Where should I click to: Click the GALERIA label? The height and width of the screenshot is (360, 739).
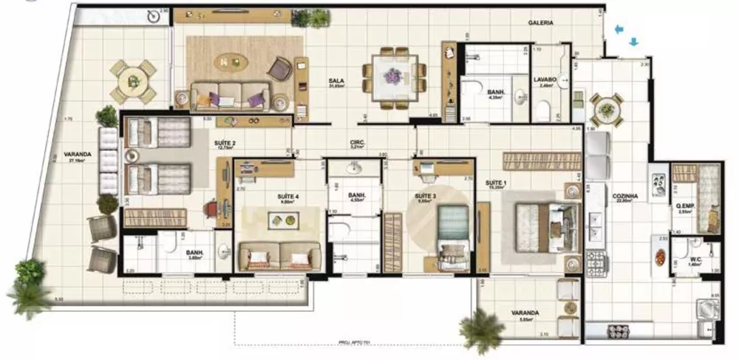click(x=540, y=23)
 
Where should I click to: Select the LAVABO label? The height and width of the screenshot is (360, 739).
click(x=545, y=79)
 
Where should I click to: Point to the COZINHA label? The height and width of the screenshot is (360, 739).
click(x=624, y=194)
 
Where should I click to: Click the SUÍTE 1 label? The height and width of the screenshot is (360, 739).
click(x=495, y=180)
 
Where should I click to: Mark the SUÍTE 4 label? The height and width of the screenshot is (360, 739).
click(x=287, y=196)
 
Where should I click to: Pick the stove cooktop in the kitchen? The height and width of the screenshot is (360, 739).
click(x=596, y=259)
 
